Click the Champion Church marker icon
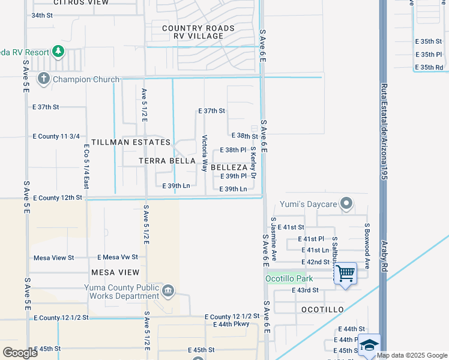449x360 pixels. [44, 79]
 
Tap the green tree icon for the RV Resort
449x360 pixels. [58, 52]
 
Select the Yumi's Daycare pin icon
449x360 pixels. [346, 205]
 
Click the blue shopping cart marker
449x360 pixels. [345, 274]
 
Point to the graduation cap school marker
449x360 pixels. [370, 345]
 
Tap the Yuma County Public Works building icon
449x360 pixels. [168, 292]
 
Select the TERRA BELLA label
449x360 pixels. [167, 161]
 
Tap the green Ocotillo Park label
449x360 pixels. [290, 279]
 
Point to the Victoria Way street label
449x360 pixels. [205, 153]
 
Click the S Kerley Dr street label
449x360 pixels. [253, 162]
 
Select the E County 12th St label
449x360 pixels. [58, 197]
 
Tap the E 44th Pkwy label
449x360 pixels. [231, 325]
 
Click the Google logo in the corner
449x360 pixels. [20, 352]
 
